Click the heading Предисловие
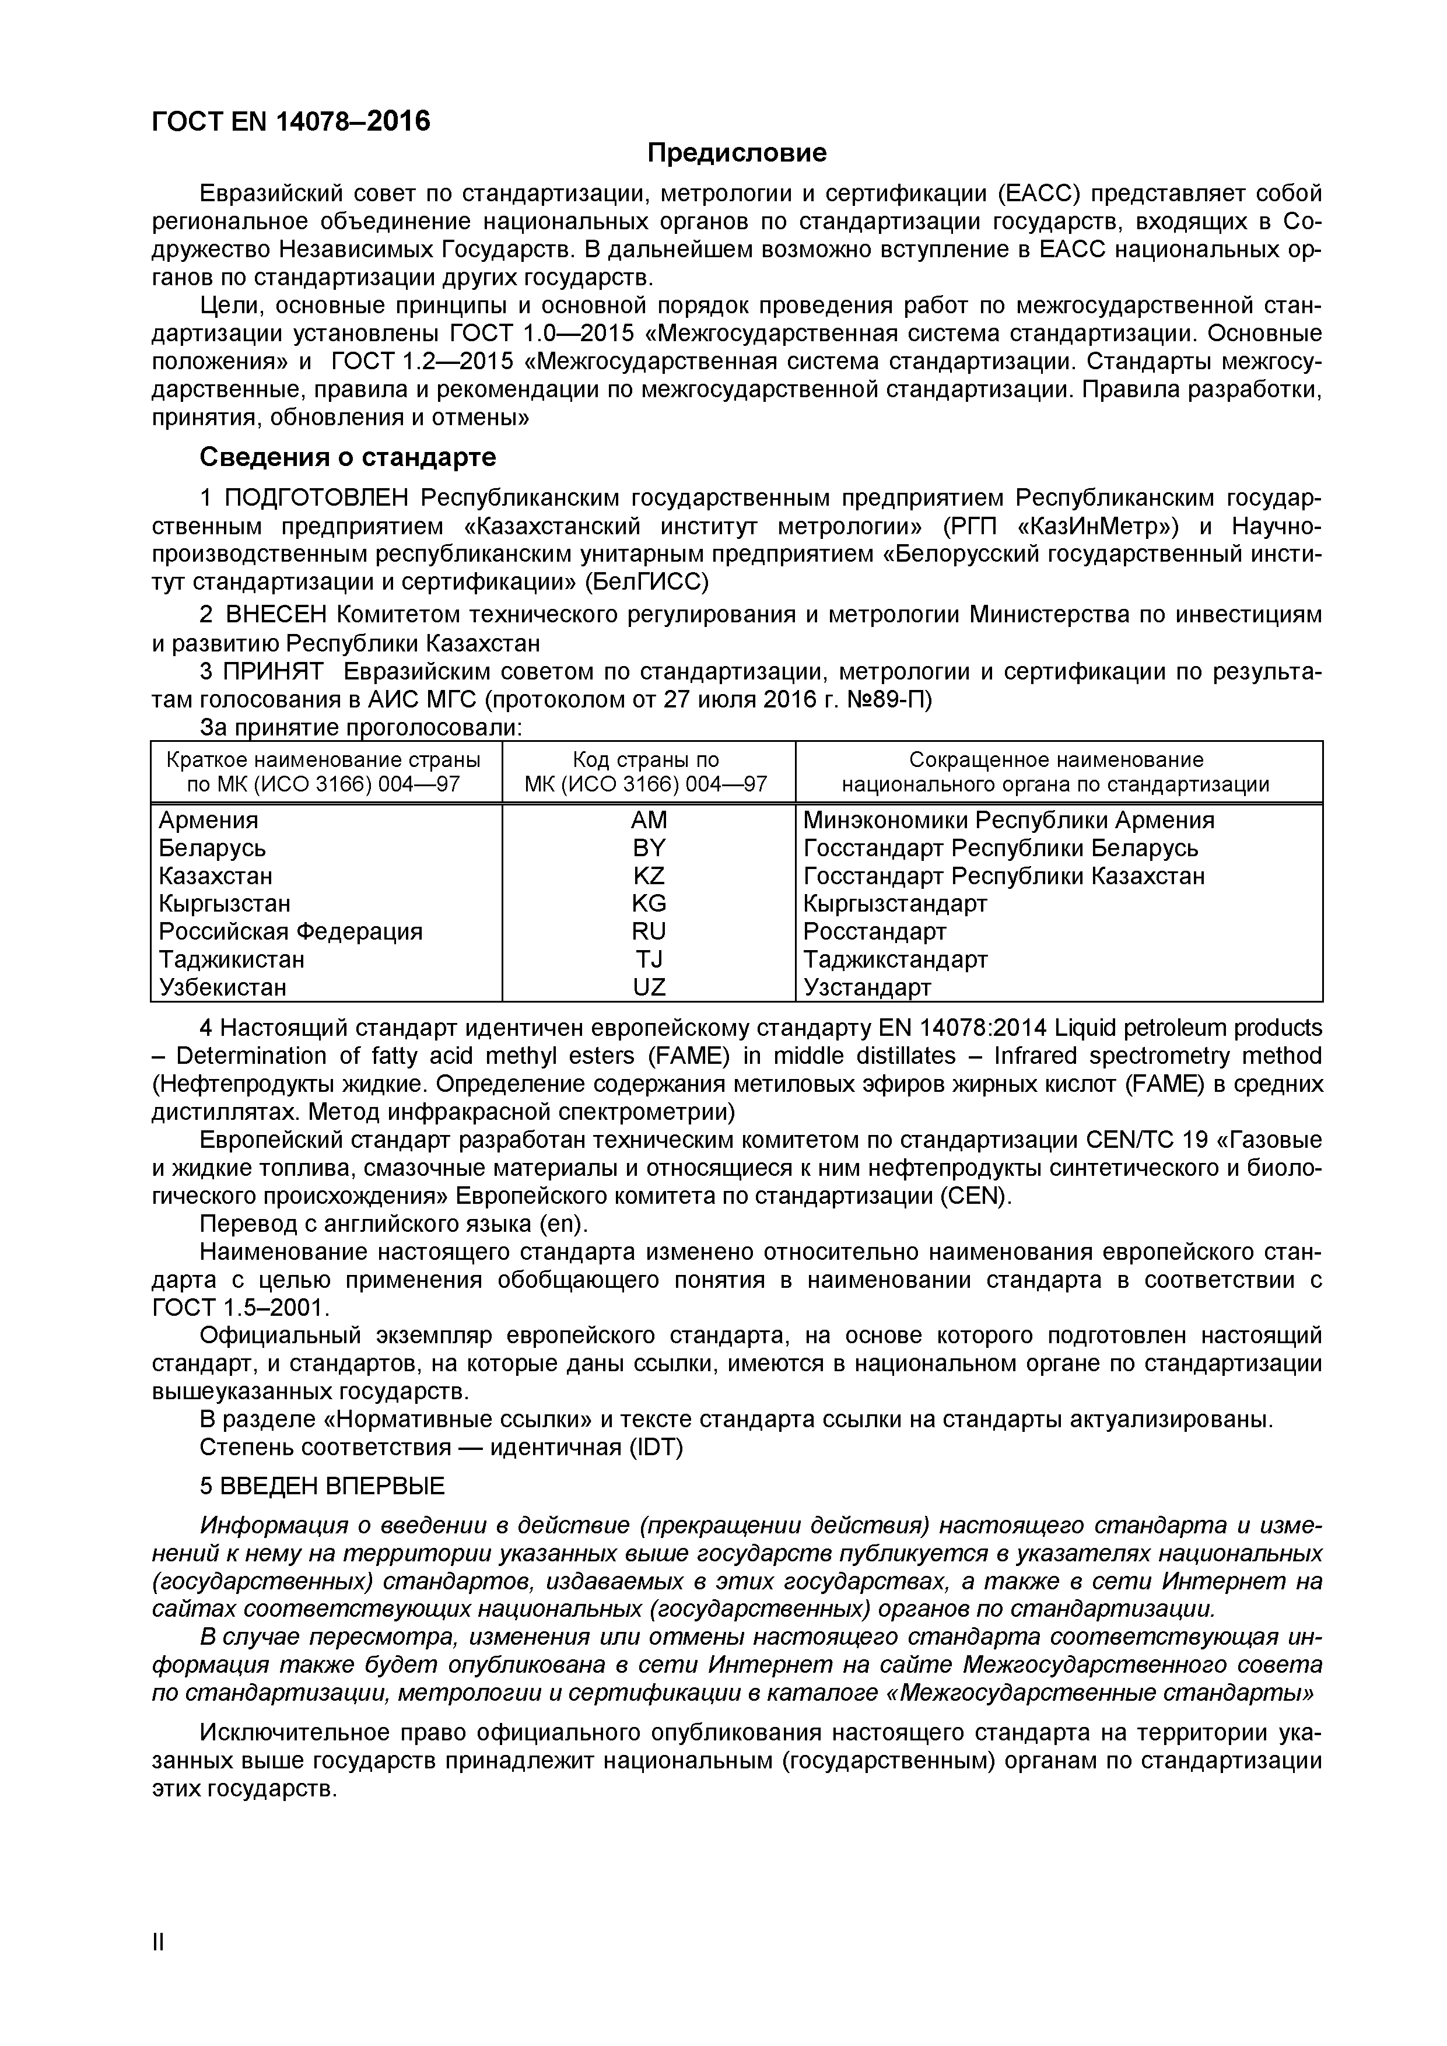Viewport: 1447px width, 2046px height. (736, 153)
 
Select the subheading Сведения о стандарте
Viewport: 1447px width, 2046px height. (348, 457)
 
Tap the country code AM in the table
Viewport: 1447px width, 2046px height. (648, 820)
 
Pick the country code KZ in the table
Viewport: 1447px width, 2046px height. (648, 876)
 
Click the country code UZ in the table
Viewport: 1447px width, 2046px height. (648, 987)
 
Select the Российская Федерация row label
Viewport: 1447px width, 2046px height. (290, 931)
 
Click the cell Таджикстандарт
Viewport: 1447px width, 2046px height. (895, 960)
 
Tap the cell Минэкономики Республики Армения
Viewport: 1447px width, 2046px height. (1008, 820)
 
